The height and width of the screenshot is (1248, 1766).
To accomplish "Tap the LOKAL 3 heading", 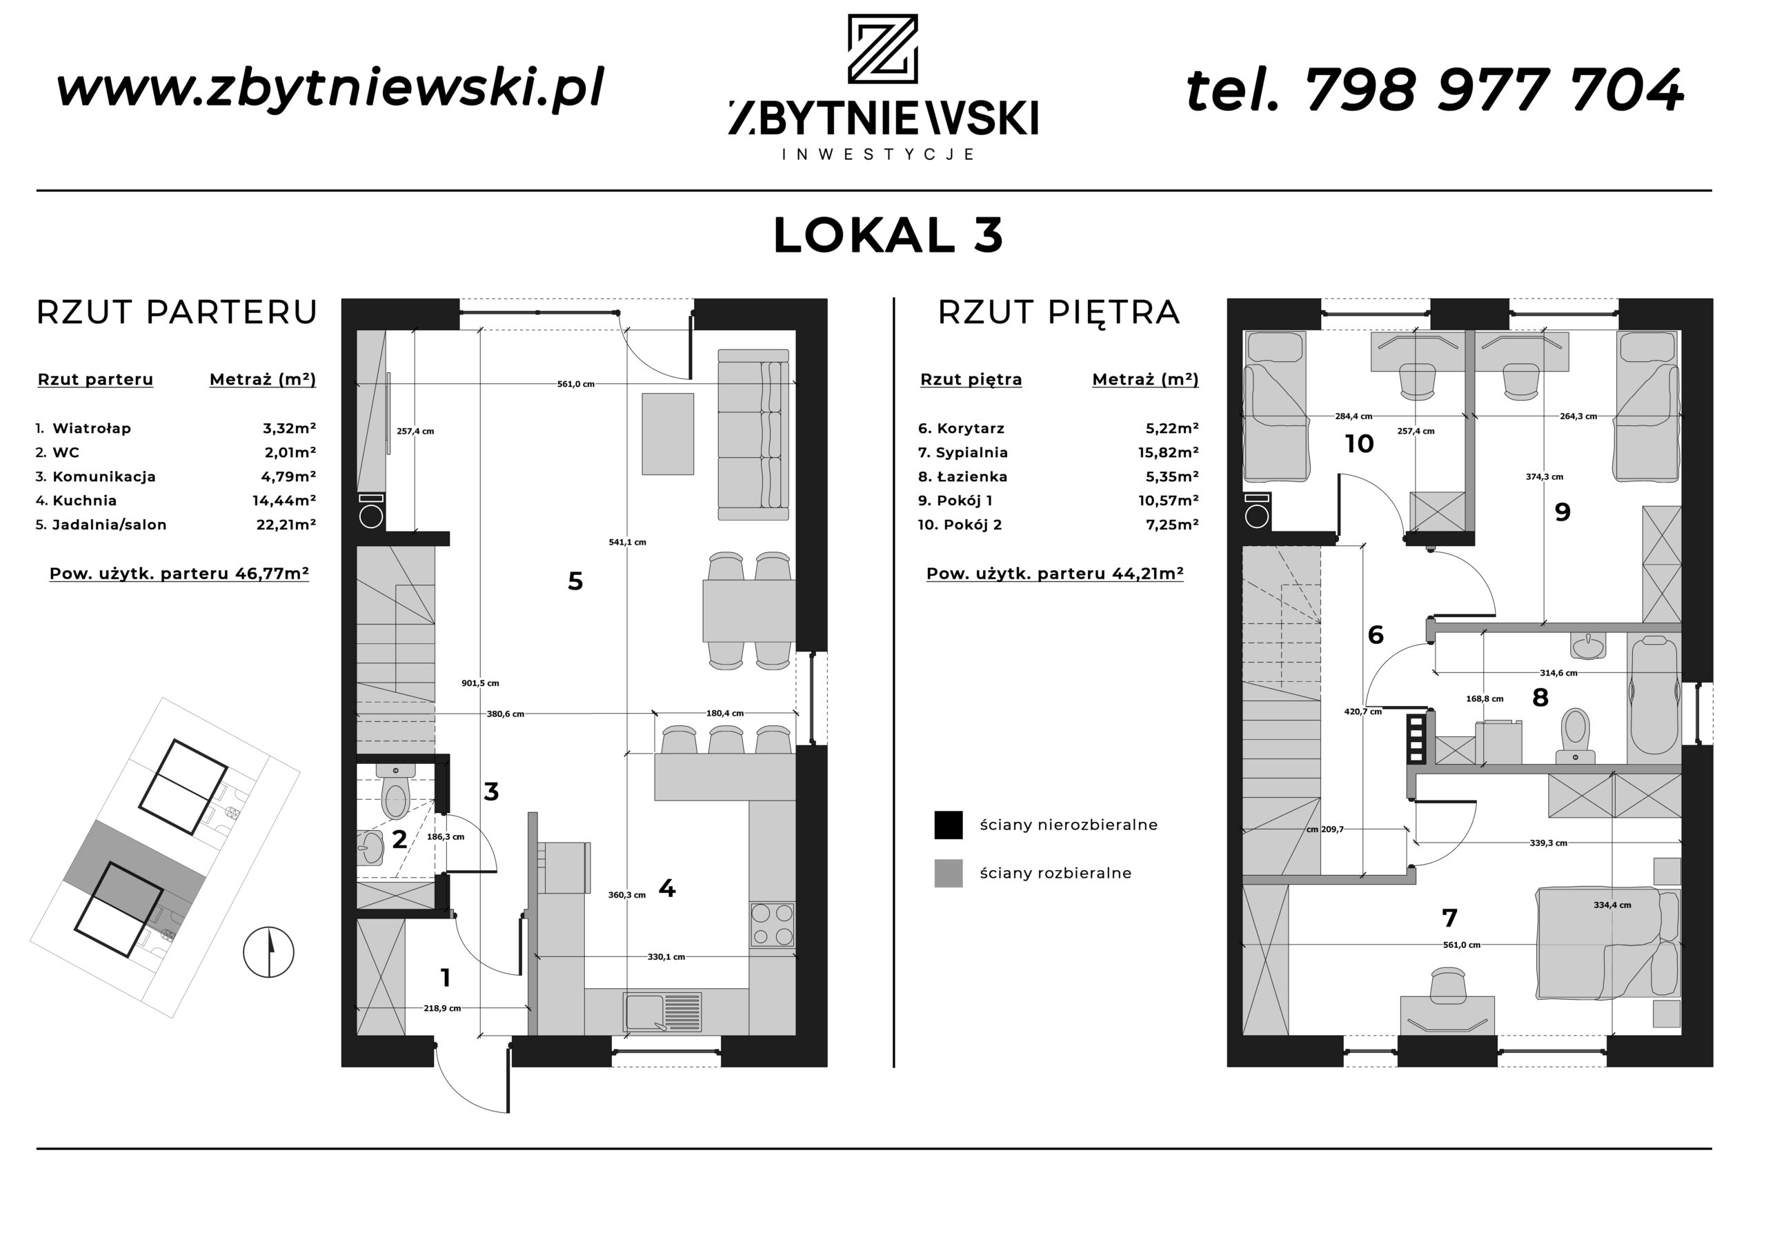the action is tap(889, 235).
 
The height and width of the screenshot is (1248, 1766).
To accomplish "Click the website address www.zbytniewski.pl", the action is tap(330, 88).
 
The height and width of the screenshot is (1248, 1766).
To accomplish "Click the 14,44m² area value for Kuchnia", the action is tap(284, 501).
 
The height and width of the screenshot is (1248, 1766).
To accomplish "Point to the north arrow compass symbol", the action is tap(268, 952).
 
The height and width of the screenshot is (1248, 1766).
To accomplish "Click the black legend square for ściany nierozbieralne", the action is tap(949, 825).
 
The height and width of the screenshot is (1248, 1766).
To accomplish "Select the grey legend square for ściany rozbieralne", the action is tap(949, 874).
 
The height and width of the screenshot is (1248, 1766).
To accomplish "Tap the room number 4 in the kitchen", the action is tap(667, 889).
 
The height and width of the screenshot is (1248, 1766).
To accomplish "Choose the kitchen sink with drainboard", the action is tap(663, 1012).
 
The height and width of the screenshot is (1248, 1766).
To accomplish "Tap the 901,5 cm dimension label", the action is tap(480, 683).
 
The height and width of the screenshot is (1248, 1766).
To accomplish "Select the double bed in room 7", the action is tap(1607, 943).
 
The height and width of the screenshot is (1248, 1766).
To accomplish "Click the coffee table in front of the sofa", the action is tap(668, 434).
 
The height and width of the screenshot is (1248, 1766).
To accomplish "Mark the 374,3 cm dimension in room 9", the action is tap(1545, 476).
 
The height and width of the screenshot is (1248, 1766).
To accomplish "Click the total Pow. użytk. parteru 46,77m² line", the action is tap(179, 574).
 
